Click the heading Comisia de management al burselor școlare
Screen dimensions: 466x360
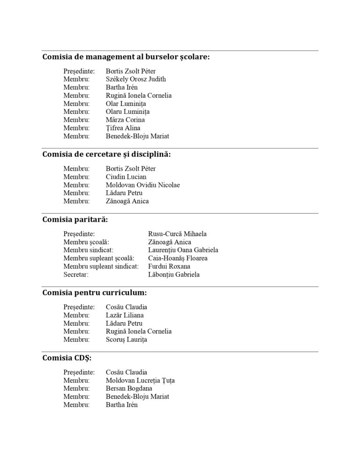pyautogui.click(x=126, y=57)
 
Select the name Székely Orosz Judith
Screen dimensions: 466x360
pyautogui.click(x=135, y=79)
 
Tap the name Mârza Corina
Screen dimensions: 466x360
pyautogui.click(x=125, y=120)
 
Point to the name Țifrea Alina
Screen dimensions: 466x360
pyautogui.click(x=123, y=128)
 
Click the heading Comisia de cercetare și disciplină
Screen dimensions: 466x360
pyautogui.click(x=106, y=155)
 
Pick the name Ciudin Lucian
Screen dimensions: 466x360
pyautogui.click(x=126, y=177)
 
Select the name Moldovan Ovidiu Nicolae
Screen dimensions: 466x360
pyautogui.click(x=142, y=185)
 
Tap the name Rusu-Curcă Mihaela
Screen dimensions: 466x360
pyautogui.click(x=177, y=234)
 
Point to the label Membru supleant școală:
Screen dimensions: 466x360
pyautogui.click(x=99, y=258)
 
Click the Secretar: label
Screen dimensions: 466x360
pyautogui.click(x=76, y=275)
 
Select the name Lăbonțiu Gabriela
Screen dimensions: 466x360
pyautogui.click(x=173, y=275)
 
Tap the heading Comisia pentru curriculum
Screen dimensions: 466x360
pyautogui.click(x=94, y=293)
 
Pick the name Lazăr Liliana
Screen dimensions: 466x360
pyautogui.click(x=125, y=316)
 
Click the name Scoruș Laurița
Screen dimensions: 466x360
pyautogui.click(x=126, y=339)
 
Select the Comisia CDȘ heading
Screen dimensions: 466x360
pyautogui.click(x=67, y=358)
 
